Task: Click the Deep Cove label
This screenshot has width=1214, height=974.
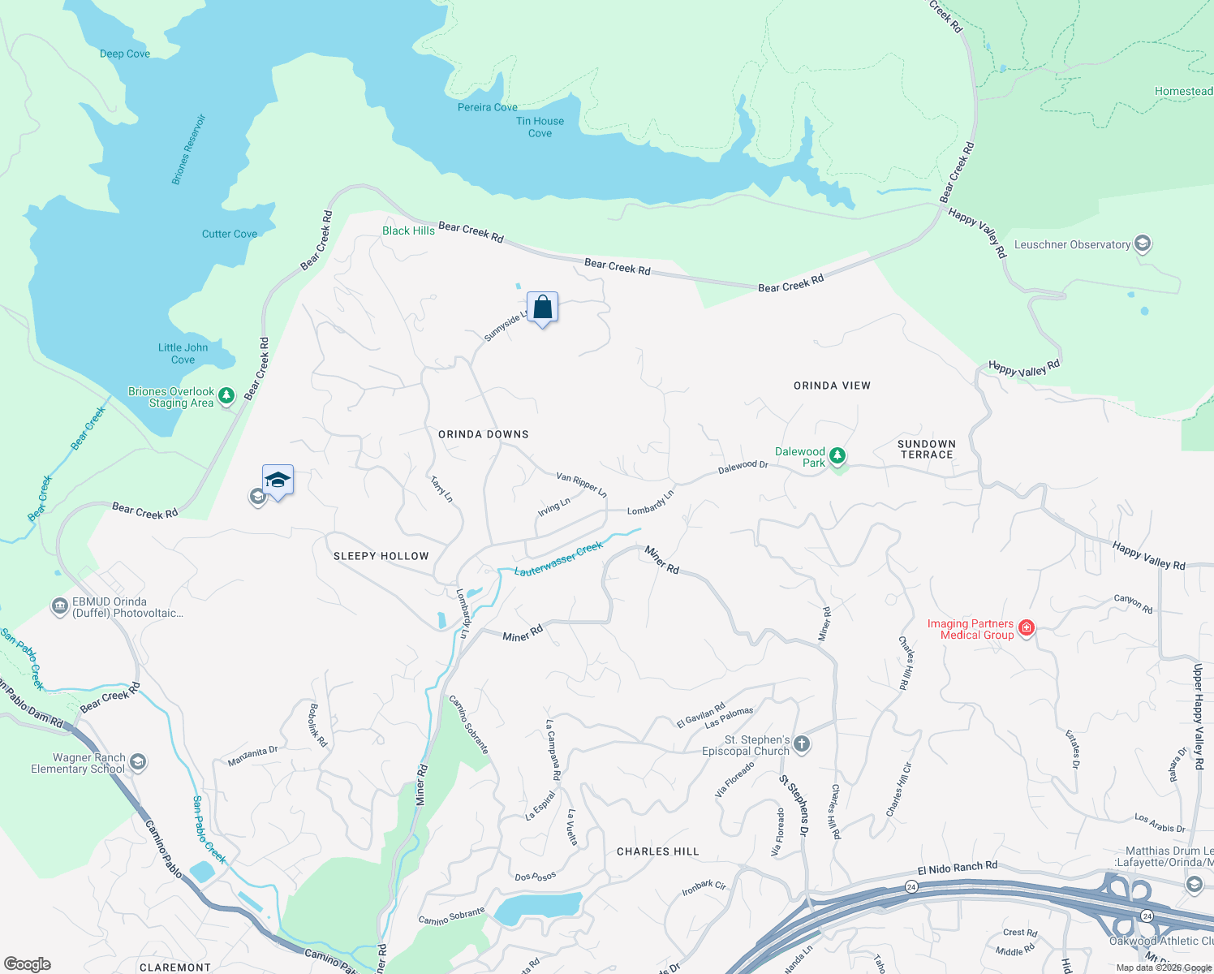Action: [125, 54]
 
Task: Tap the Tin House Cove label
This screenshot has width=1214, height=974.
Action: [540, 127]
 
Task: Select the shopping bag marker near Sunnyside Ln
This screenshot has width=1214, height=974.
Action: [542, 308]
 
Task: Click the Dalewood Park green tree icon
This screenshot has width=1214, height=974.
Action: [837, 456]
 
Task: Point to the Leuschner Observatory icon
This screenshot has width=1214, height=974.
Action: [1143, 243]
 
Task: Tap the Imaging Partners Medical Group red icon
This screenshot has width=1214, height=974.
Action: [1027, 628]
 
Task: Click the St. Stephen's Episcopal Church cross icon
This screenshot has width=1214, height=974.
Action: [801, 743]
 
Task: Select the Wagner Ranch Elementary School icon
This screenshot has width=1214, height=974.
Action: [138, 761]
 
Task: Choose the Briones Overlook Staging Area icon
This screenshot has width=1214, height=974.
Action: [227, 395]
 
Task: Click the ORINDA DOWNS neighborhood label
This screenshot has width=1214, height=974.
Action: [484, 434]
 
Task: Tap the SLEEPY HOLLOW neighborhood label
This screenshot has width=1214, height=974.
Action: [381, 556]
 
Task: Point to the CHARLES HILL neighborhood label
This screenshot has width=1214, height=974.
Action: [657, 851]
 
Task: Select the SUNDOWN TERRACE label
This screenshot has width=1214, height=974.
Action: [927, 450]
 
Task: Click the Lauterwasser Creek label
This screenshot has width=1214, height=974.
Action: [558, 559]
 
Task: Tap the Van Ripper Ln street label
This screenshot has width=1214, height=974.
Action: [581, 485]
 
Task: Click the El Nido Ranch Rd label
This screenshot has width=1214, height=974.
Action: [957, 868]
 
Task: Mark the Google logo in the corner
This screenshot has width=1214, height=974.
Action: [28, 964]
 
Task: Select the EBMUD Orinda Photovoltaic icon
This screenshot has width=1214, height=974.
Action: [59, 606]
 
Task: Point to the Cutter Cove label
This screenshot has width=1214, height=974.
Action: [230, 234]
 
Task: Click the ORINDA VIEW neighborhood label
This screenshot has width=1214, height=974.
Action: [832, 386]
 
